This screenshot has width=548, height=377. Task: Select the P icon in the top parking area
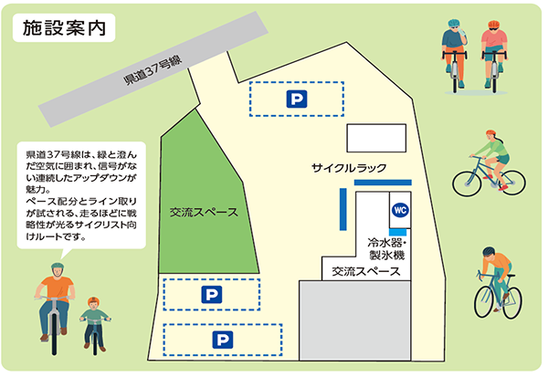click(x=296, y=98)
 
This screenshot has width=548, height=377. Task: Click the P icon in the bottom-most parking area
click(x=223, y=340)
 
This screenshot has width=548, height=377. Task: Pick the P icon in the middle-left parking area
click(x=211, y=294)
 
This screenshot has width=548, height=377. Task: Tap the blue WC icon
click(x=399, y=210)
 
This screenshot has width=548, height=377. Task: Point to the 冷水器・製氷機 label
click(x=391, y=250)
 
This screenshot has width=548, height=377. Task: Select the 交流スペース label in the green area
click(x=204, y=213)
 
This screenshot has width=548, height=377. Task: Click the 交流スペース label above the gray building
click(x=365, y=271)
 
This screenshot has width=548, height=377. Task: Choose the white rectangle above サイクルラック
click(x=374, y=138)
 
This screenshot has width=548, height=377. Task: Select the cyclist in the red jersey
click(x=492, y=50)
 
